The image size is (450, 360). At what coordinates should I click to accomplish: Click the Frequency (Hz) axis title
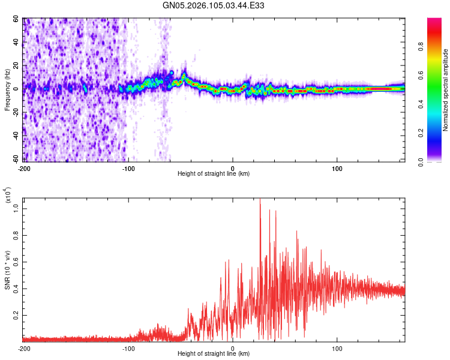click(x=7, y=90)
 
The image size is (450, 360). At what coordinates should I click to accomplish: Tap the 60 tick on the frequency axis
click(x=17, y=19)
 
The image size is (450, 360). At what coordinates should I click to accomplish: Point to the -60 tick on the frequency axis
click(x=16, y=159)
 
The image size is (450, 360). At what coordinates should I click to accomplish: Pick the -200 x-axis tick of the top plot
click(x=25, y=167)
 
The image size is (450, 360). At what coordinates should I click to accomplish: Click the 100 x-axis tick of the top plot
click(x=337, y=167)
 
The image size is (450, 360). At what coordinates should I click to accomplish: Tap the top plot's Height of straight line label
click(x=214, y=173)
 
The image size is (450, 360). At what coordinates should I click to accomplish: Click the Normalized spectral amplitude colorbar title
click(x=445, y=90)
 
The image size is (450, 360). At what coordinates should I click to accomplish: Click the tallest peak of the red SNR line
click(x=260, y=201)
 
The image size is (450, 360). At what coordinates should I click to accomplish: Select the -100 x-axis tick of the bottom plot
click(x=128, y=347)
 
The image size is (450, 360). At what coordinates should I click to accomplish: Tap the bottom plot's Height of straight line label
click(x=214, y=353)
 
